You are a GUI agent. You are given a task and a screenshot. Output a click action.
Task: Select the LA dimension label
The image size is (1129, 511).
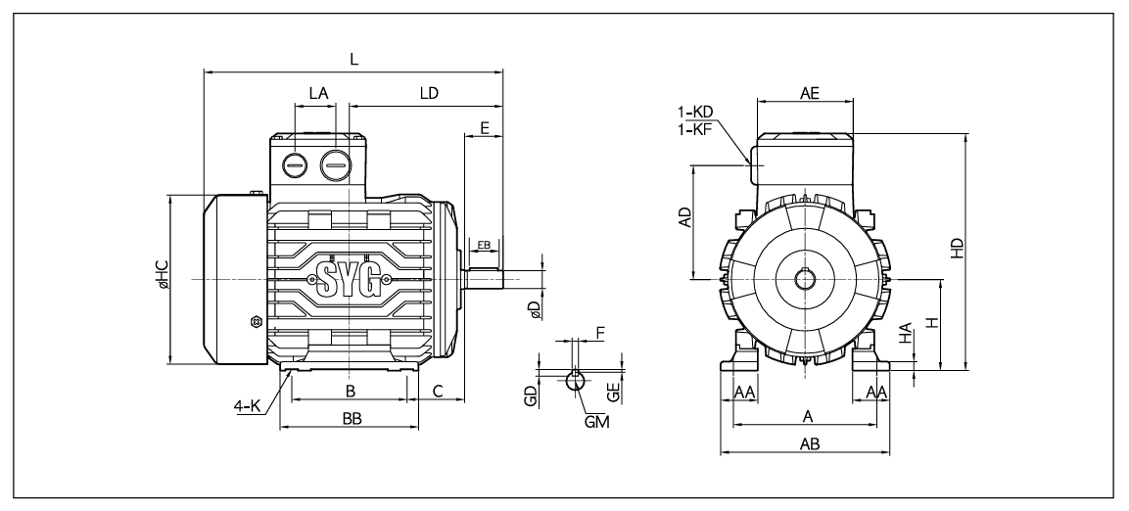point(318,93)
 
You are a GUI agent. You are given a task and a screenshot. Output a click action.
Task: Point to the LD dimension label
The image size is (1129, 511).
point(429,93)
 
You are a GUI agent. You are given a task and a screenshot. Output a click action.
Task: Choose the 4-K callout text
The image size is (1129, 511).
point(247,406)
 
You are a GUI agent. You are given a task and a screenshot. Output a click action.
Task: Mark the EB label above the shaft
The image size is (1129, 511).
point(484,246)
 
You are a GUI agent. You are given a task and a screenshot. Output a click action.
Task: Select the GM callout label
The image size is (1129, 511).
point(597,422)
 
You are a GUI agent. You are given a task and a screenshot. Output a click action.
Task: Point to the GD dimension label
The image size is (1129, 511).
point(531,396)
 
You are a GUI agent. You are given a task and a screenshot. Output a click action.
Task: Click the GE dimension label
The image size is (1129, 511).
point(614,392)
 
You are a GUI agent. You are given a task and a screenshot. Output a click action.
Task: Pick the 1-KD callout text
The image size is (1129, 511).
point(695,113)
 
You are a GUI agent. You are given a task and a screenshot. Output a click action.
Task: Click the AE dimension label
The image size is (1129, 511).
point(810,93)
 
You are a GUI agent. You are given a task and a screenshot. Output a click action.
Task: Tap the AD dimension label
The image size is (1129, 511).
point(685,217)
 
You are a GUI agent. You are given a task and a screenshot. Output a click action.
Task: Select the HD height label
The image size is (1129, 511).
point(957,249)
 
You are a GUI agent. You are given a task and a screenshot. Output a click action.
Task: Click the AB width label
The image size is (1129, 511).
point(810,444)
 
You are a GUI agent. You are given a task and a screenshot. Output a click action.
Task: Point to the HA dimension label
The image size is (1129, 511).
point(907,332)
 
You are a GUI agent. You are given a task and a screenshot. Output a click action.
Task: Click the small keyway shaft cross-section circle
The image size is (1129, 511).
point(575,379)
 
